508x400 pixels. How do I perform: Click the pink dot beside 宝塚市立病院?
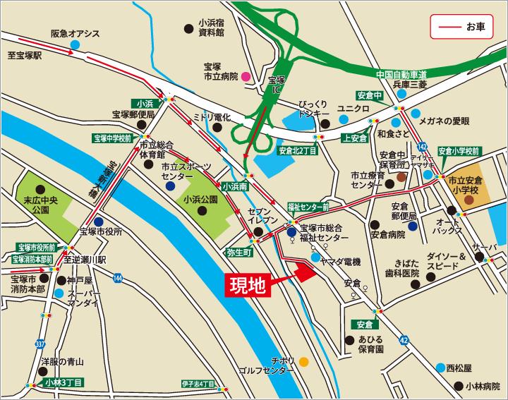[246, 75]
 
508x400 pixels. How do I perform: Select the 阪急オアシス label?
[75, 34]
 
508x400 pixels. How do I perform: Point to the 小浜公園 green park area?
[202, 200]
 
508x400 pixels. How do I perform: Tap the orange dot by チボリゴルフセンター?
[303, 362]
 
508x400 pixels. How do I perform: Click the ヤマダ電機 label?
[340, 262]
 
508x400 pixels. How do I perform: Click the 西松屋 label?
[458, 368]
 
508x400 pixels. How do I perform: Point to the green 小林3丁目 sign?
[63, 382]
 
